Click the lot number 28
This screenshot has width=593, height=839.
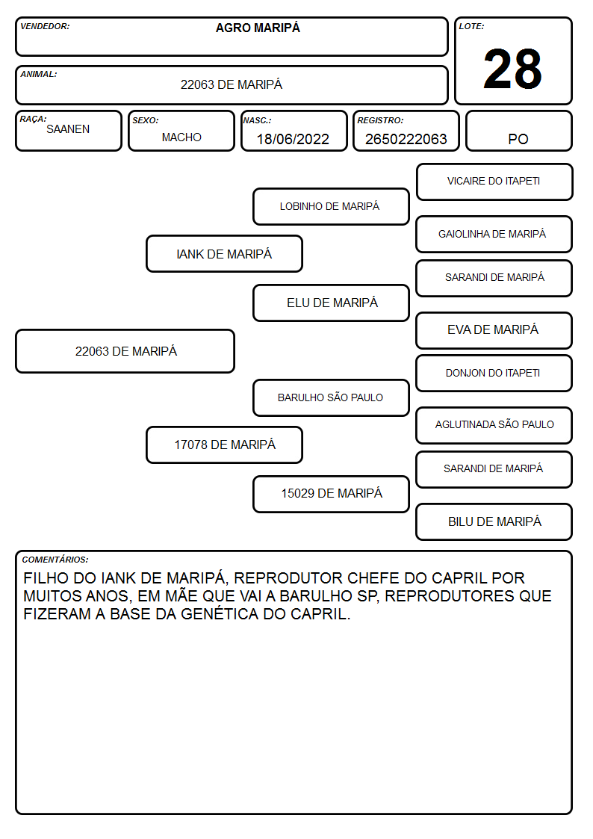[x=512, y=69]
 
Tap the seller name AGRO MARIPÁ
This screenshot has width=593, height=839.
[x=258, y=28]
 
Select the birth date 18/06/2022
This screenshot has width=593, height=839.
[x=293, y=139]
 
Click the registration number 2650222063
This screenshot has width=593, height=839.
[x=406, y=139]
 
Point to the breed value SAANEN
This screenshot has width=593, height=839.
[x=68, y=129]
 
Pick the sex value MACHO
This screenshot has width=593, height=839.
[x=181, y=137]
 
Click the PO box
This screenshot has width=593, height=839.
[x=518, y=131]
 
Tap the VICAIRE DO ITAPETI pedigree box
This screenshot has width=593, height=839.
[x=494, y=182]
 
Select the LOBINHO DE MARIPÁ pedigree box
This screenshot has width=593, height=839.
[x=331, y=206]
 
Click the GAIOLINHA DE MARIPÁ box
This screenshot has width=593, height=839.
[x=494, y=235]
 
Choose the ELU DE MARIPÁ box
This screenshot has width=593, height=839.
[x=331, y=303]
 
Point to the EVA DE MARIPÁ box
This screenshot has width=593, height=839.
[x=494, y=330]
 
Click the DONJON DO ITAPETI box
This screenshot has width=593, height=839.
[x=494, y=373]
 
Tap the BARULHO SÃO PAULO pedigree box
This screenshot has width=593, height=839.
[x=331, y=397]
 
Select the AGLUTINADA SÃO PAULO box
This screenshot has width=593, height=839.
[x=494, y=425]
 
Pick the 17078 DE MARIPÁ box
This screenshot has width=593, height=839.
[x=224, y=445]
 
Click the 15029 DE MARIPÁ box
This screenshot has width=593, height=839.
[x=331, y=494]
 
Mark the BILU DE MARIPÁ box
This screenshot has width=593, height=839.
[x=494, y=521]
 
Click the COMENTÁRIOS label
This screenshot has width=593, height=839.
[x=55, y=560]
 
